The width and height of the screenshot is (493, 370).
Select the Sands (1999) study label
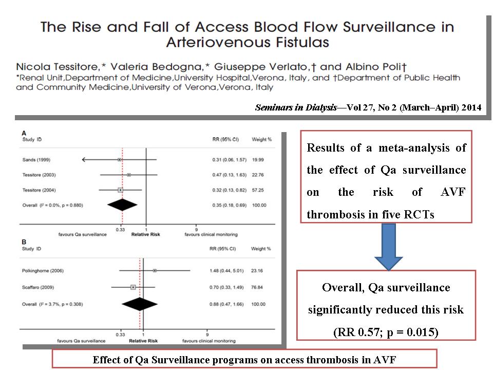coord(36,160)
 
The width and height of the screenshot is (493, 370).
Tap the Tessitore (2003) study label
coord(39,175)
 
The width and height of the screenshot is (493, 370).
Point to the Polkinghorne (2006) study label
coord(43,271)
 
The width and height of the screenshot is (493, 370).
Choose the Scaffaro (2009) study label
coord(37,288)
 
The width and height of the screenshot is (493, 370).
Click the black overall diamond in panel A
coord(122,205)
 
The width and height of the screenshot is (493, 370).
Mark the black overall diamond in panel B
coord(140,304)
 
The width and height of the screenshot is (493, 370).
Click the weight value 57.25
coord(258,190)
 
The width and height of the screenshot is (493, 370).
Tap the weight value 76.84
coord(257,288)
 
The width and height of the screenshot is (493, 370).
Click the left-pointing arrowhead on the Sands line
coord(84,160)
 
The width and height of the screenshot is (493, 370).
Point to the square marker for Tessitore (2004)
coord(120,190)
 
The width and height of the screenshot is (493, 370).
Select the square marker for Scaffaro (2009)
coord(133,287)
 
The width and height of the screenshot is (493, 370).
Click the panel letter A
coord(24,134)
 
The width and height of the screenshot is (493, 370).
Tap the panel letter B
coord(24,242)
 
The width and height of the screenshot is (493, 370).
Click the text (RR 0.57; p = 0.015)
coord(386,332)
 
